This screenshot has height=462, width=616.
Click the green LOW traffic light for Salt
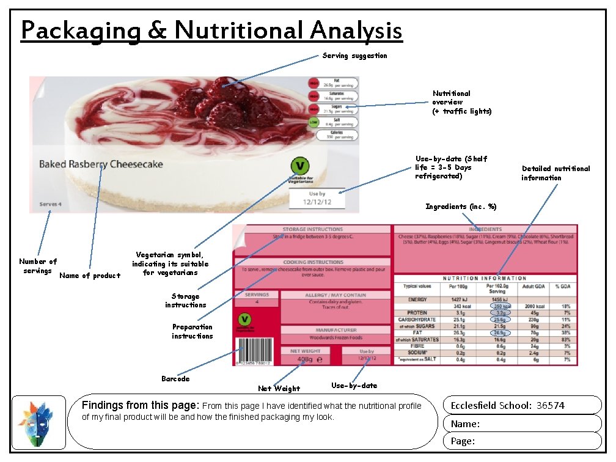coord(313,122)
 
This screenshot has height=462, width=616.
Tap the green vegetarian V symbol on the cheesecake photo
coord(299,166)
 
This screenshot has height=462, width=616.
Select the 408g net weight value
coord(304,360)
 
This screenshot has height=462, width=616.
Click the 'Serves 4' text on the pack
coord(50,204)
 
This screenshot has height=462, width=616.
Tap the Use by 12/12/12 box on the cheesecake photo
coord(317,197)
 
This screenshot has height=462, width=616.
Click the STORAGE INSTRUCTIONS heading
coord(312,229)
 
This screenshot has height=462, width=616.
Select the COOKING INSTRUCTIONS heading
coord(312,262)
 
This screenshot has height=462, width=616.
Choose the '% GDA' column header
coord(562,286)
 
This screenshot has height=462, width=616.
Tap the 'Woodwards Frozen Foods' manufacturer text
coord(335,338)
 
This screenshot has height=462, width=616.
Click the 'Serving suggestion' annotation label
coord(354,56)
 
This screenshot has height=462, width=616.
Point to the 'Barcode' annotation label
coord(175,379)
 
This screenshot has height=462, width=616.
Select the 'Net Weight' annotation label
coord(279,389)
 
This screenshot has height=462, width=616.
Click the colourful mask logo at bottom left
coord(38,422)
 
